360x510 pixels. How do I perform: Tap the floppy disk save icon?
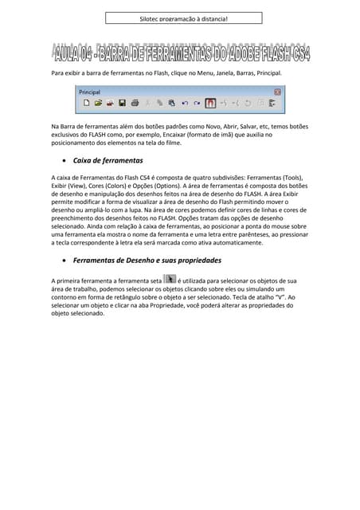click(x=123, y=103)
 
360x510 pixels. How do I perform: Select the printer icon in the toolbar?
click(x=135, y=103)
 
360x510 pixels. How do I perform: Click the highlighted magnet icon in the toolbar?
click(x=210, y=103)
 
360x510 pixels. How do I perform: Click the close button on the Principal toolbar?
click(x=277, y=92)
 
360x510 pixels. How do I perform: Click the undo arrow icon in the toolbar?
click(x=185, y=103)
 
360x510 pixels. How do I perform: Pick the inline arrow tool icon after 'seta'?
click(x=169, y=280)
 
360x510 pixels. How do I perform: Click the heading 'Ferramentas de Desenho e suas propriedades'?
click(x=147, y=261)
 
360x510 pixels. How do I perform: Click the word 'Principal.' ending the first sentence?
click(x=266, y=73)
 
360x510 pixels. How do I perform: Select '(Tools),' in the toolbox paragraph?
click(x=288, y=177)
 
